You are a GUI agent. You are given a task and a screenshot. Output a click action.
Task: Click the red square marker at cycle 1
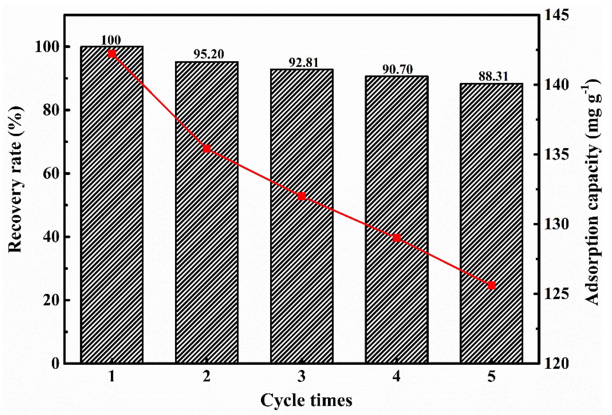pos(112,54)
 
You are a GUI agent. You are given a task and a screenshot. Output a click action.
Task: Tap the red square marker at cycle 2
pos(207,149)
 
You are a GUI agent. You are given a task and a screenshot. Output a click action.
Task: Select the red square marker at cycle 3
pos(302,196)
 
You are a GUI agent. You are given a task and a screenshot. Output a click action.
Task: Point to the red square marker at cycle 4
pos(397,238)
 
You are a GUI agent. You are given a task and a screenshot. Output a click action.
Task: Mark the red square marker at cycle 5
pos(492,285)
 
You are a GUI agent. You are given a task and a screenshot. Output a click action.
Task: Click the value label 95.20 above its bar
pos(209,54)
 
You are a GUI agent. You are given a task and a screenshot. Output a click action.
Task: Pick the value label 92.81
pos(303,62)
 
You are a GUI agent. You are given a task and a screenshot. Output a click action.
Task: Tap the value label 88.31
pos(493,77)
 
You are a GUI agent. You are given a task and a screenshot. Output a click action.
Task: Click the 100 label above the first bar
pos(111,40)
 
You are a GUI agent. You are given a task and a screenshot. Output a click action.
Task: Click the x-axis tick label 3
pos(302,376)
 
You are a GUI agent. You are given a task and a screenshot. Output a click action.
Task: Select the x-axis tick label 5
pos(492,376)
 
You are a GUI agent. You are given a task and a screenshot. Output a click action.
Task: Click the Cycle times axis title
pos(306,401)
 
